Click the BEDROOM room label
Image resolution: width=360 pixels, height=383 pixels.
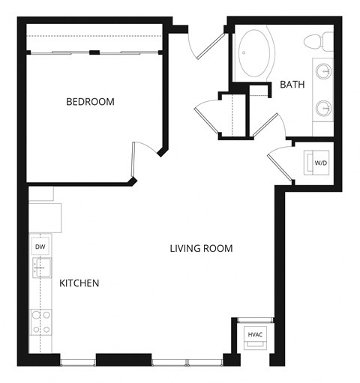click(90, 101)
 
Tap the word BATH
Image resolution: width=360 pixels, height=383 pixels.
click(292, 85)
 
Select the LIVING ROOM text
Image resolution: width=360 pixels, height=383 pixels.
click(201, 248)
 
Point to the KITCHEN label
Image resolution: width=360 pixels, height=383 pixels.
click(79, 283)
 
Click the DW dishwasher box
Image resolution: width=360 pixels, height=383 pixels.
click(40, 246)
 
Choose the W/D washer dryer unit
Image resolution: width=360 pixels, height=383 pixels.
click(319, 163)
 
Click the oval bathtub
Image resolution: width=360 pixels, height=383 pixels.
click(256, 54)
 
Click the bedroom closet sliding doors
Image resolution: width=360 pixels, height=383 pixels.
click(94, 52)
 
